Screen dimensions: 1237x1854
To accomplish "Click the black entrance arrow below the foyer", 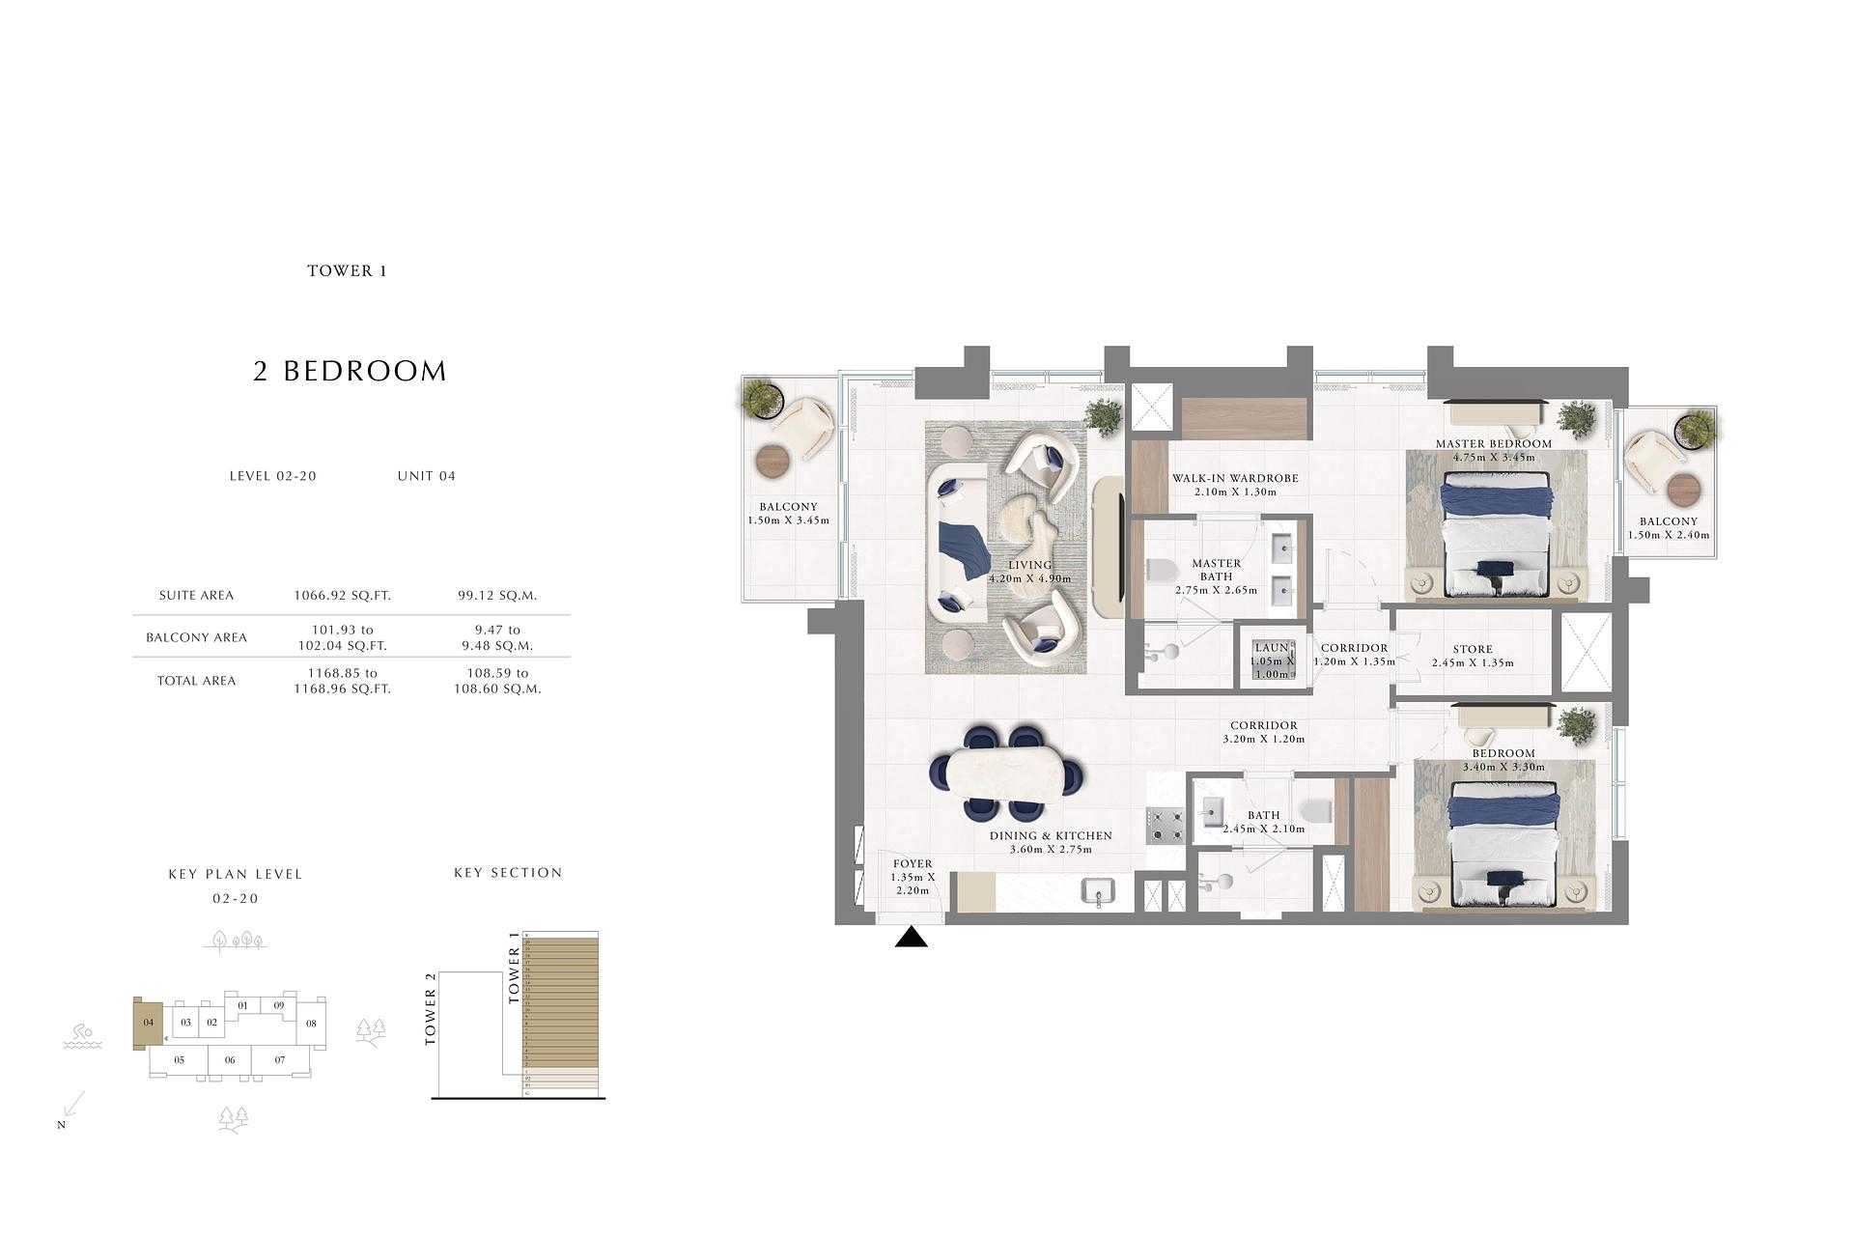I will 911,938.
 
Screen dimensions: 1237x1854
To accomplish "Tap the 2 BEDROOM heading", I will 350,371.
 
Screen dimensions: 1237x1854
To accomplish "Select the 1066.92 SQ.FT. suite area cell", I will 342,596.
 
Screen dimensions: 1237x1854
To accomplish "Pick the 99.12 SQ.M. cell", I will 497,596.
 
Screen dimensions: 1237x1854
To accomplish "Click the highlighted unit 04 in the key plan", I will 148,1023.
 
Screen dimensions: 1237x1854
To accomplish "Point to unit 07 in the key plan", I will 279,1060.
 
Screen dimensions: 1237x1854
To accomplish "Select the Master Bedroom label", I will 1493,444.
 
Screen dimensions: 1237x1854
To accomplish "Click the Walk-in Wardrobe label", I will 1235,478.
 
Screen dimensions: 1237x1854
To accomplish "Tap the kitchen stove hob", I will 1166,824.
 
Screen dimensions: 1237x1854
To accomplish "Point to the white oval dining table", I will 1005,773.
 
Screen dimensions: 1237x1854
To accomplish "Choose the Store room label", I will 1472,650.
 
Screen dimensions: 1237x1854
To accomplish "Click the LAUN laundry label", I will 1271,648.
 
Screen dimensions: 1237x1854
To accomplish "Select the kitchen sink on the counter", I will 1099,891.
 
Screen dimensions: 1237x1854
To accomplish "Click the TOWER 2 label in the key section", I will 431,1009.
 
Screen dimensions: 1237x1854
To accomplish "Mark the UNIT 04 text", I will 426,476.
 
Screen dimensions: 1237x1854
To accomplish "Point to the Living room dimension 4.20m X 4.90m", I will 1029,579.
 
